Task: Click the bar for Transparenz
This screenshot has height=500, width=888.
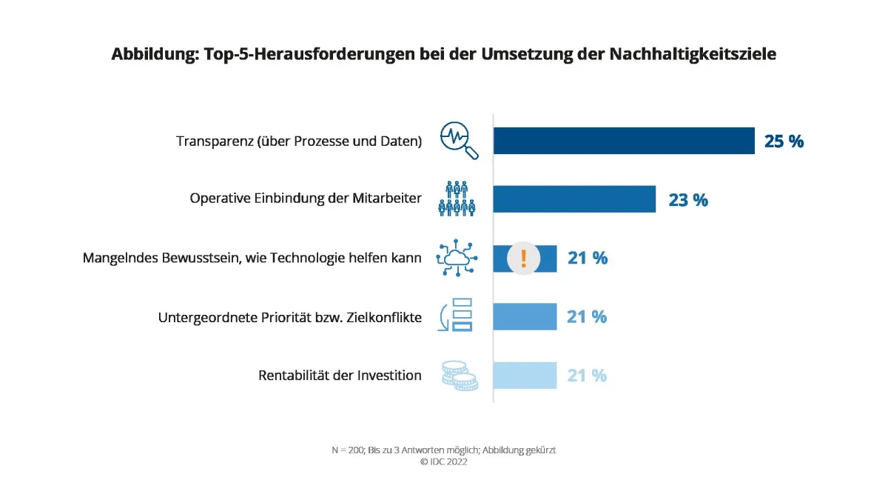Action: [624, 140]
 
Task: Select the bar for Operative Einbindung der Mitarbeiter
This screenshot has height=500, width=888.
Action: [574, 199]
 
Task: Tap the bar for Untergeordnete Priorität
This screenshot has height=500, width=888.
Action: [525, 316]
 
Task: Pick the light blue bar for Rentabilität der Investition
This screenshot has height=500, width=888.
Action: [525, 376]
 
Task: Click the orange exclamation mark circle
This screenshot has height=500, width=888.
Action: [523, 259]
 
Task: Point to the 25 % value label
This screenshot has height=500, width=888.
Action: [784, 141]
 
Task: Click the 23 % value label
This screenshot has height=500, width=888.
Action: [687, 199]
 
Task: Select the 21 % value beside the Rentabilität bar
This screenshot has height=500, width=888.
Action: [587, 376]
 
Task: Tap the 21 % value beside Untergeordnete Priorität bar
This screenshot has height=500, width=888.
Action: [587, 317]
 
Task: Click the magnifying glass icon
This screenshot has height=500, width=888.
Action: [459, 141]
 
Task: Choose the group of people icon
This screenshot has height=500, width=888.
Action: [457, 199]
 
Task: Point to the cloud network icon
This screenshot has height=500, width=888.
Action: [457, 258]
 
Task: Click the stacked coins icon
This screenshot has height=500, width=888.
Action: [459, 376]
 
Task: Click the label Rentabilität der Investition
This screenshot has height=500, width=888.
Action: [340, 376]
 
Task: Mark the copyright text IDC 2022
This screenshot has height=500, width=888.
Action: [444, 461]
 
